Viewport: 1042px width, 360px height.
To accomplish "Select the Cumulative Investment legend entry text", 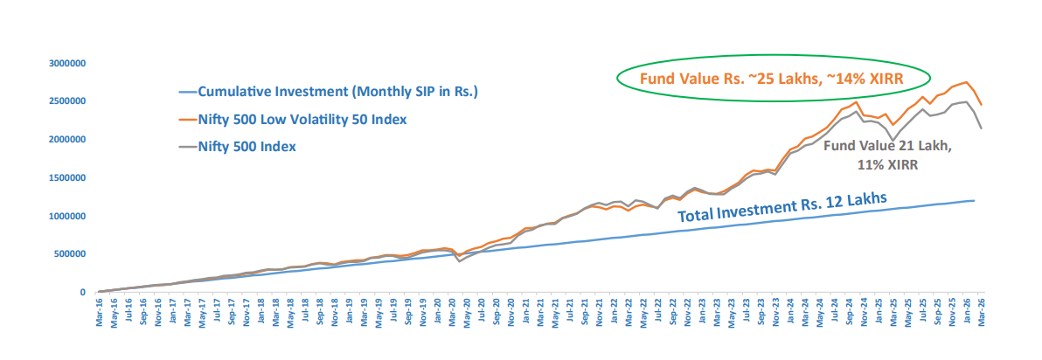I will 338,91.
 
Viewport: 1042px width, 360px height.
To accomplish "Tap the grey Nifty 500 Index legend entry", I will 247,147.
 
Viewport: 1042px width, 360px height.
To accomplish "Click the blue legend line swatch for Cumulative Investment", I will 186,91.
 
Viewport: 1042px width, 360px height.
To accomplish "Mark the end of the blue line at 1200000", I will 974,201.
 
